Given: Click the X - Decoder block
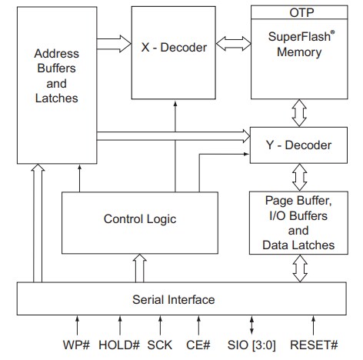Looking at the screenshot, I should point(174,48).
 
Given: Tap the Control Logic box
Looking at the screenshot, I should point(139,219).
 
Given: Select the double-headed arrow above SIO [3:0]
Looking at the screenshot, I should point(251,324).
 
